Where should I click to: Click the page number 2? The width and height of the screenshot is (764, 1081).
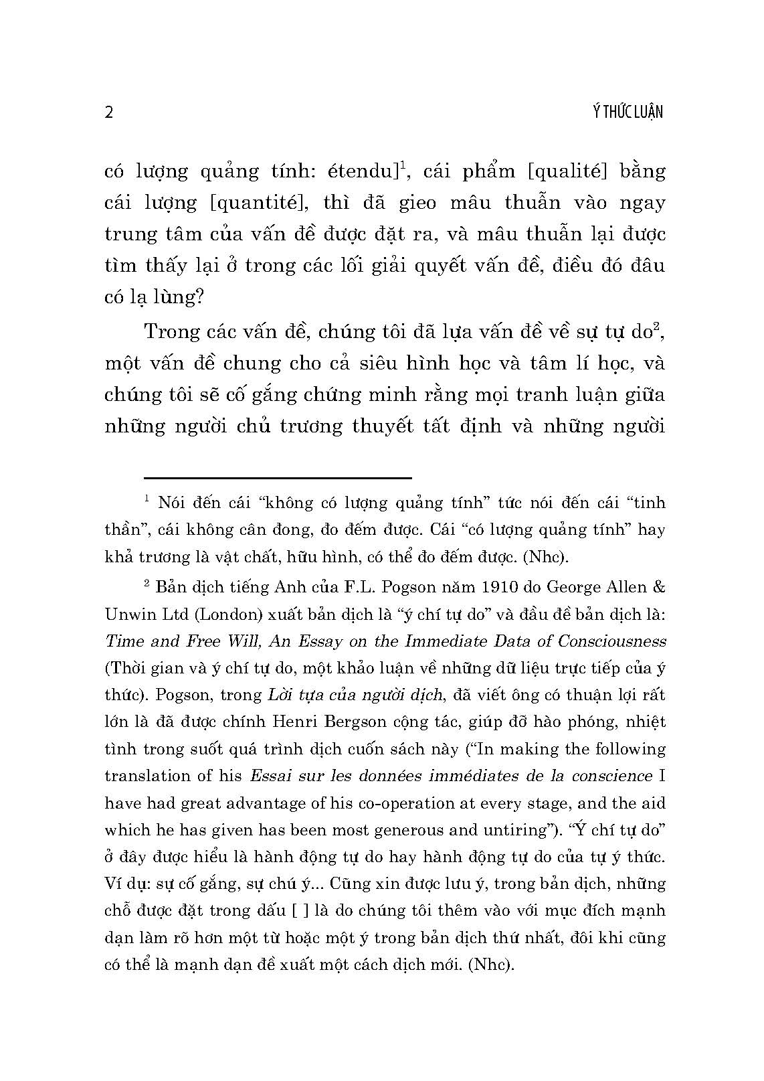110,112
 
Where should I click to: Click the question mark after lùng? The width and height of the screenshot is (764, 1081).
197,297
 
